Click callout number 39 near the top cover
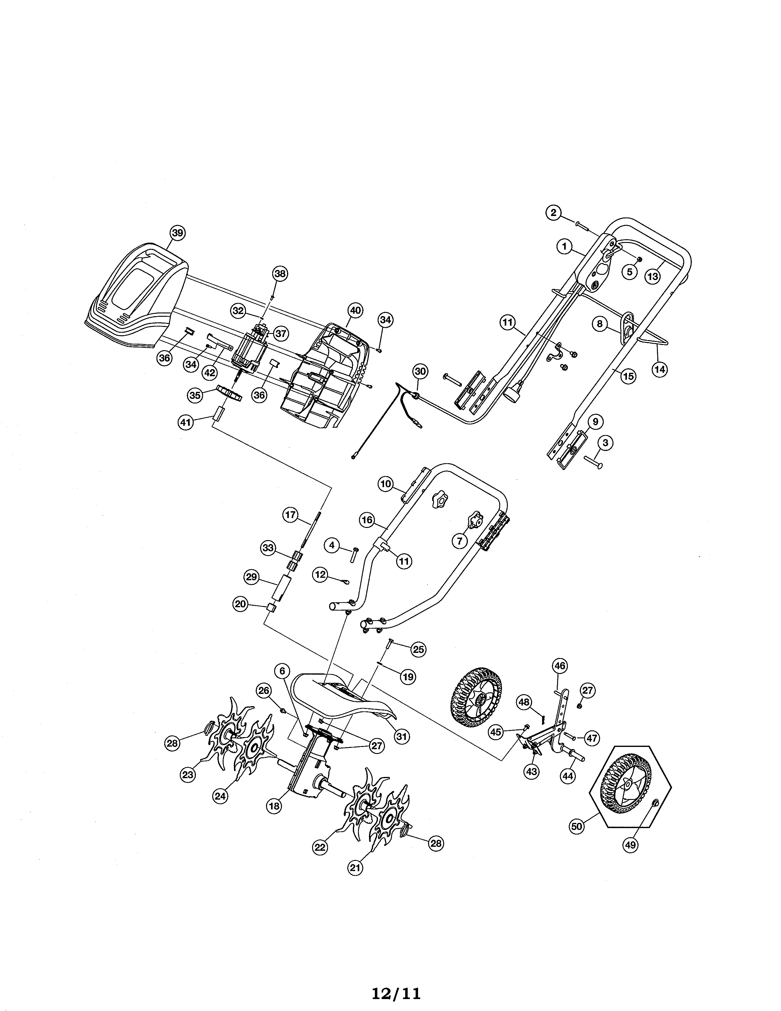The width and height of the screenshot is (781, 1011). click(x=177, y=233)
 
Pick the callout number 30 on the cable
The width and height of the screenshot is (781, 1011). click(x=420, y=371)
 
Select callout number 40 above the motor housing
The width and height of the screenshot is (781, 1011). click(x=355, y=310)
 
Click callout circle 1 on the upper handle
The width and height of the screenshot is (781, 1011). click(x=564, y=246)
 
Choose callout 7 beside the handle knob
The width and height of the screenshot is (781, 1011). click(x=459, y=540)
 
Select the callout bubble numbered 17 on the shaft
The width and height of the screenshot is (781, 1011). click(x=290, y=515)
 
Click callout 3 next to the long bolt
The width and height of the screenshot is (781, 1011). click(x=605, y=443)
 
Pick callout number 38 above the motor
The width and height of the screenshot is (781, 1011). click(x=279, y=274)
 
